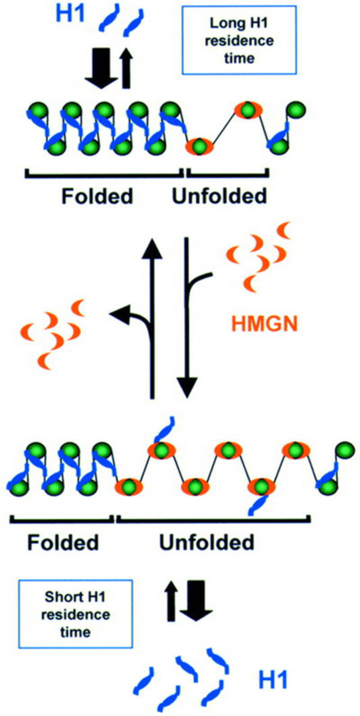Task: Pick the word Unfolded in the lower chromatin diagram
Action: pos(206,542)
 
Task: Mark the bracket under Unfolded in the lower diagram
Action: pos(212,520)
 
